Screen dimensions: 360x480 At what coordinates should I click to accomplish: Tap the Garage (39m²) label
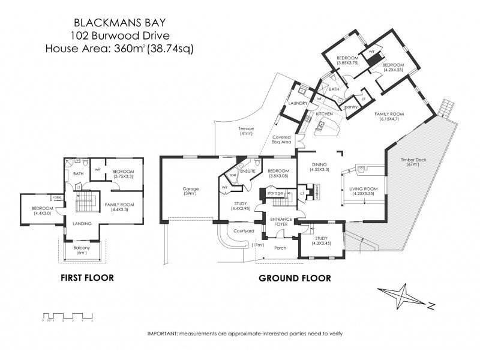(x=191, y=191)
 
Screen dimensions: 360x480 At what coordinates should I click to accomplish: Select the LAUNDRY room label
(x=298, y=103)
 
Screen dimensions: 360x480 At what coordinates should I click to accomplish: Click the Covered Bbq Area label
(x=281, y=139)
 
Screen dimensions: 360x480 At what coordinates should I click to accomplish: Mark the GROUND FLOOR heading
(x=295, y=278)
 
